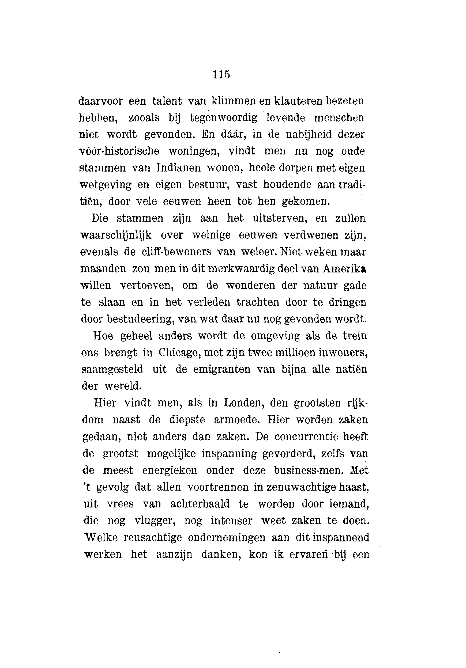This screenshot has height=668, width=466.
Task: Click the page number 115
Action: tap(221, 74)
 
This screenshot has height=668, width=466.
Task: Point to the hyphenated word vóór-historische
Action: tap(119, 151)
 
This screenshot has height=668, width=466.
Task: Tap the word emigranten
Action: tap(221, 370)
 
